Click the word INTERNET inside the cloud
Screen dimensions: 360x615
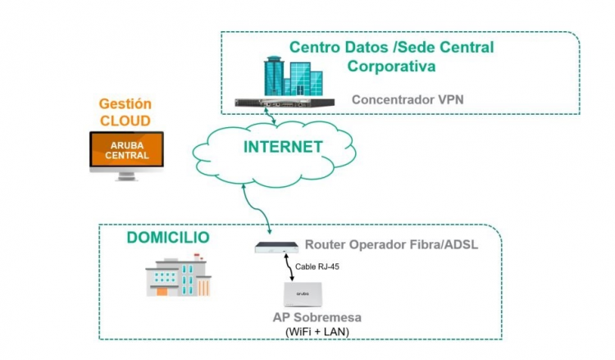pyautogui.click(x=283, y=148)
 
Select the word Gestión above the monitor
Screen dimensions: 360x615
pyautogui.click(x=125, y=104)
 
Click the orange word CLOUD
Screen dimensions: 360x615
pyautogui.click(x=125, y=121)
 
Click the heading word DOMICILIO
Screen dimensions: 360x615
pyautogui.click(x=168, y=238)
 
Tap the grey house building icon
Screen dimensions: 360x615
pyautogui.click(x=176, y=275)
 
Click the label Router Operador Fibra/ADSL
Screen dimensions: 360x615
pyautogui.click(x=391, y=244)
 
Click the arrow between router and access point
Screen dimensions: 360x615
pyautogui.click(x=288, y=267)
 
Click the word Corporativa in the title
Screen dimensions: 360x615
pyautogui.click(x=391, y=66)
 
